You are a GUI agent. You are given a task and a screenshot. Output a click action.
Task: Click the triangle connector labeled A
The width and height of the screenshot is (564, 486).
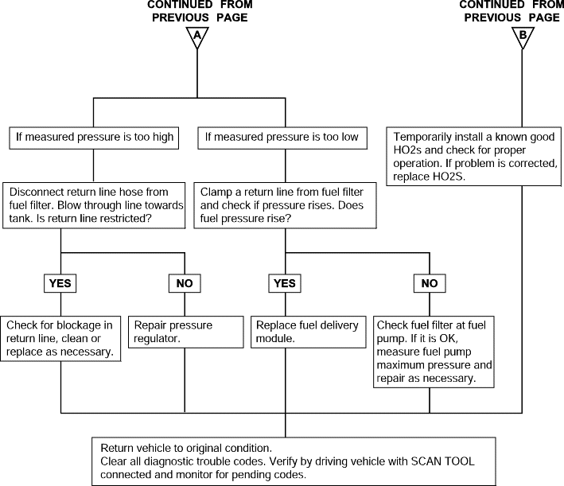tap(197, 37)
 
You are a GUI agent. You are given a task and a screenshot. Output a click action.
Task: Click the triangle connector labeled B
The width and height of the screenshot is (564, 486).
tap(523, 37)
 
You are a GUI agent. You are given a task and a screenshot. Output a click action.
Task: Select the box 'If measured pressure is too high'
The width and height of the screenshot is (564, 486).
tap(94, 138)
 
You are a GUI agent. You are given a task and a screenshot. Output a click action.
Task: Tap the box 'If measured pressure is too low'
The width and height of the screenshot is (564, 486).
tap(282, 138)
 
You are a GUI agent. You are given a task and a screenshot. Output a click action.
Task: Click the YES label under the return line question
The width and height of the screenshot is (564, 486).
tap(60, 283)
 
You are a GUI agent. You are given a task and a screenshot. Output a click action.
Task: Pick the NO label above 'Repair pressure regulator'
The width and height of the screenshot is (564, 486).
tap(185, 283)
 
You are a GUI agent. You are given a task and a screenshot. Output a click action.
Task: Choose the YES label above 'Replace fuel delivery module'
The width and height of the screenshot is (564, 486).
tap(285, 283)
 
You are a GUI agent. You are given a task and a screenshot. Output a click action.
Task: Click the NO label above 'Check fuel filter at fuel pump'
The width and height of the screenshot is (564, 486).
tap(430, 283)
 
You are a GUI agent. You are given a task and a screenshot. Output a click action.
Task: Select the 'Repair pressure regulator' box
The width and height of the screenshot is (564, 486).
tap(186, 332)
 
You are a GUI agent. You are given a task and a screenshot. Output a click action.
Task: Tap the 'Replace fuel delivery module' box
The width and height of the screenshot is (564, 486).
tap(309, 332)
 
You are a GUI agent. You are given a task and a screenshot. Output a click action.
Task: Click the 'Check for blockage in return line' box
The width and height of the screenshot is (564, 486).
tap(60, 339)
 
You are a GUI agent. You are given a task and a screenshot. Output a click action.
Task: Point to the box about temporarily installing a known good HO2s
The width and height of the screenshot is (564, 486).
tap(474, 157)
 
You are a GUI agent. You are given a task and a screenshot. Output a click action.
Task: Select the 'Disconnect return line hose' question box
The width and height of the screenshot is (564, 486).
tap(94, 205)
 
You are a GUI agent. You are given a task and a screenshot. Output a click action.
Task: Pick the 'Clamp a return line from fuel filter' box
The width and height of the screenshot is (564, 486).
tap(286, 205)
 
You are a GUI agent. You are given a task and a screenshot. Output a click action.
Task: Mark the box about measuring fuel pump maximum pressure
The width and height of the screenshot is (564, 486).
tap(434, 352)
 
